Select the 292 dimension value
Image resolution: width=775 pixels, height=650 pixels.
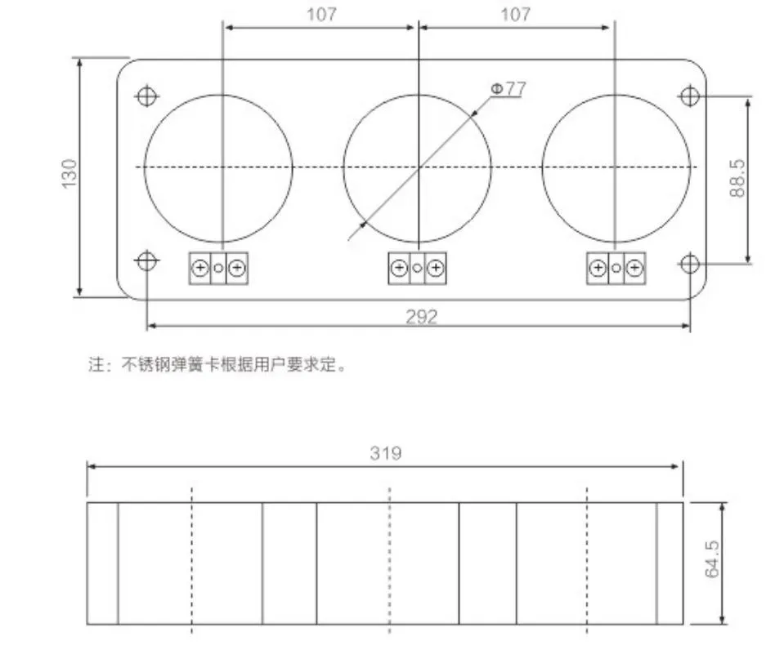(x=422, y=317)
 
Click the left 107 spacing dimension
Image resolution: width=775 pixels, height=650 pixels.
(x=320, y=15)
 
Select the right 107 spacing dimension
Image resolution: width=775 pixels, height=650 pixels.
(x=514, y=15)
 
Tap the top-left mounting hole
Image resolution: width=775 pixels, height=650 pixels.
(x=147, y=96)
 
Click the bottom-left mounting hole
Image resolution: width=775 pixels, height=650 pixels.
(x=146, y=262)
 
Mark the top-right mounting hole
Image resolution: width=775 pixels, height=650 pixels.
(x=690, y=96)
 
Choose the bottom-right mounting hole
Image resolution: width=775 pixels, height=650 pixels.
(x=690, y=263)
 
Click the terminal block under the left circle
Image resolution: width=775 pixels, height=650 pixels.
(x=218, y=268)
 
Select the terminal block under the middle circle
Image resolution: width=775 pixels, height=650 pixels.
(x=418, y=268)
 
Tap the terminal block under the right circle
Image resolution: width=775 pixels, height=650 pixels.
(x=616, y=268)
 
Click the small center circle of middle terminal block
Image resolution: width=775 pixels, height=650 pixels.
(x=418, y=268)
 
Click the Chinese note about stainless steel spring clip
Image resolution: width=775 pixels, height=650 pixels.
(x=217, y=365)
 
